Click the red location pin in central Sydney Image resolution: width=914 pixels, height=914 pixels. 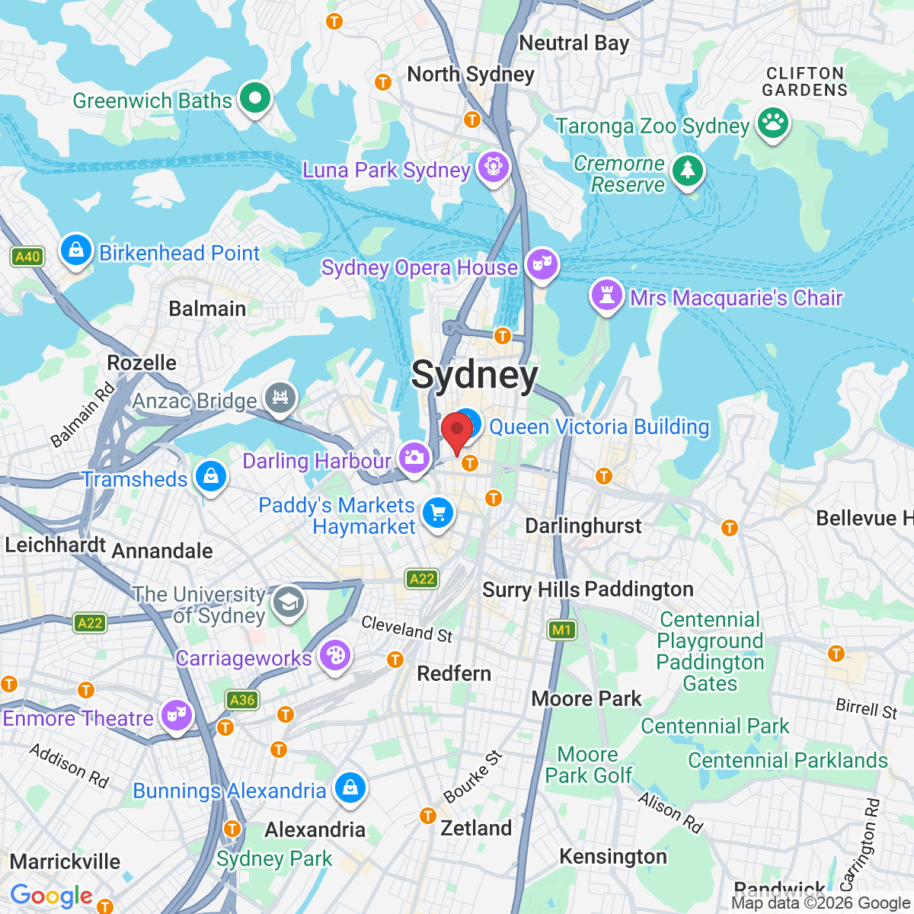[x=457, y=431]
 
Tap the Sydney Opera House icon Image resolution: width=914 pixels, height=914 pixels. [x=542, y=264]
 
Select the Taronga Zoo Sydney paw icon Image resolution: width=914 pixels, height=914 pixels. [x=773, y=123]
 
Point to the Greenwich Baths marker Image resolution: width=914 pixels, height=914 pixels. [x=254, y=98]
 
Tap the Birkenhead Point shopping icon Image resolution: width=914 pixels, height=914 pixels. [x=76, y=251]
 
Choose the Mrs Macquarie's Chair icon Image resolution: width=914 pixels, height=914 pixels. [x=606, y=296]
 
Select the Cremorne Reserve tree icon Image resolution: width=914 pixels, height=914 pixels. [x=688, y=171]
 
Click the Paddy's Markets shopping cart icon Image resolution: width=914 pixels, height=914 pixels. [x=437, y=513]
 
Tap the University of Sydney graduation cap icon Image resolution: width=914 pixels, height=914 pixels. [x=289, y=602]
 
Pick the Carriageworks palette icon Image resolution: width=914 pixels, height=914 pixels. [x=334, y=656]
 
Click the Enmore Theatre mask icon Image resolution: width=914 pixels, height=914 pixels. [x=176, y=716]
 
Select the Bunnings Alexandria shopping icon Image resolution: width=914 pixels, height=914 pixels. [x=350, y=788]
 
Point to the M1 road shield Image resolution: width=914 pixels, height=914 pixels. [x=562, y=630]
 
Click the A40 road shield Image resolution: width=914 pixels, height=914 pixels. [x=27, y=257]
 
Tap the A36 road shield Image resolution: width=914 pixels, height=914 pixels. [x=241, y=700]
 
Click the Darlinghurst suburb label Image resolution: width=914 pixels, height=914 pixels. [x=583, y=526]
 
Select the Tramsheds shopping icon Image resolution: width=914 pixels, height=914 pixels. [x=211, y=477]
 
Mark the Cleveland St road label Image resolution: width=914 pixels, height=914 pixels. [x=407, y=629]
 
